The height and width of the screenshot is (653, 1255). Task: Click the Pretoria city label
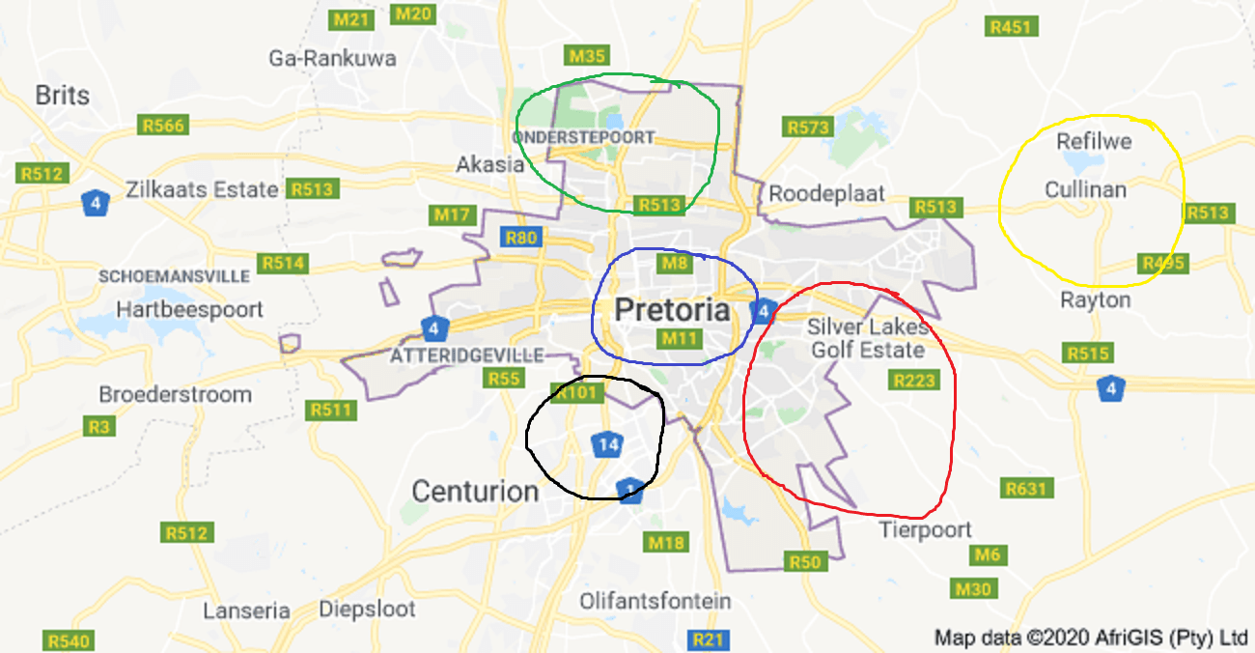(x=672, y=310)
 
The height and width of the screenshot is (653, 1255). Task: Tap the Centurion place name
(x=475, y=491)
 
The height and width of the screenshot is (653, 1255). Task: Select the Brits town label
(x=62, y=96)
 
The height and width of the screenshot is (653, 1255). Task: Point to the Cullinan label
(x=1085, y=189)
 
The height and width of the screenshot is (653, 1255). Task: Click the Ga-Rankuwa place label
(x=332, y=59)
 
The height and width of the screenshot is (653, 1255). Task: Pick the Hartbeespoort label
(x=189, y=310)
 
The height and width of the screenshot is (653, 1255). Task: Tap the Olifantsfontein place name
(x=655, y=601)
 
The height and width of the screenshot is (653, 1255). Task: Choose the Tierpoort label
(x=925, y=529)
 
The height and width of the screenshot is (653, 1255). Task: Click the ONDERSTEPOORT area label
(x=583, y=138)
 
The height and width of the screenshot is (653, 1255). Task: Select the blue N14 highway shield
(x=606, y=445)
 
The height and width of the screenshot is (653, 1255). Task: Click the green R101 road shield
(x=577, y=393)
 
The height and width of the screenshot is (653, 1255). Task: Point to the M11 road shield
(x=679, y=338)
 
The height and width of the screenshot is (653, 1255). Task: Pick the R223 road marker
(x=913, y=381)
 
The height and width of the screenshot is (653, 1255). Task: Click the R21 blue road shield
(x=709, y=639)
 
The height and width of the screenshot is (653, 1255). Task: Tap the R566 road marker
(x=162, y=125)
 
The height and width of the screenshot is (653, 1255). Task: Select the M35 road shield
(x=588, y=56)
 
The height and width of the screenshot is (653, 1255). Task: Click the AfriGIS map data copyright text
(x=1091, y=638)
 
